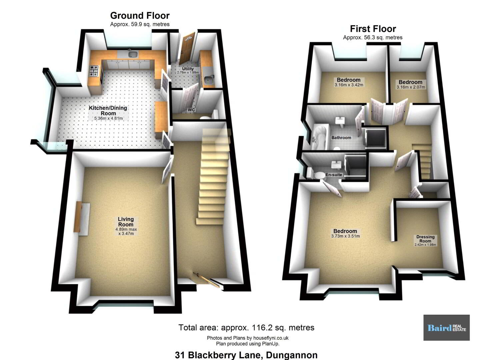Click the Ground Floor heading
pos(140,16)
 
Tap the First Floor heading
pos(373,29)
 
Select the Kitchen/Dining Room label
pos(108,110)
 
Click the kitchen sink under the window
pos(133,54)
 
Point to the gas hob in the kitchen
pos(94,71)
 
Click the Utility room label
pos(188,69)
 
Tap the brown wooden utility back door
pos(187,48)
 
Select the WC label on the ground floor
pos(191,110)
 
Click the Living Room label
pos(126,222)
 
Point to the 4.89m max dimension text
pos(126,229)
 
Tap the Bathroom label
pos(341,138)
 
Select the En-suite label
pos(334,175)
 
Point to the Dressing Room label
pos(425,239)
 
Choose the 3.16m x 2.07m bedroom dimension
pos(411,87)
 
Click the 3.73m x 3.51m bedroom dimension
pos(345,236)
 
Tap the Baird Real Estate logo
pos(446,328)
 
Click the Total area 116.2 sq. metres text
pos(246,328)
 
